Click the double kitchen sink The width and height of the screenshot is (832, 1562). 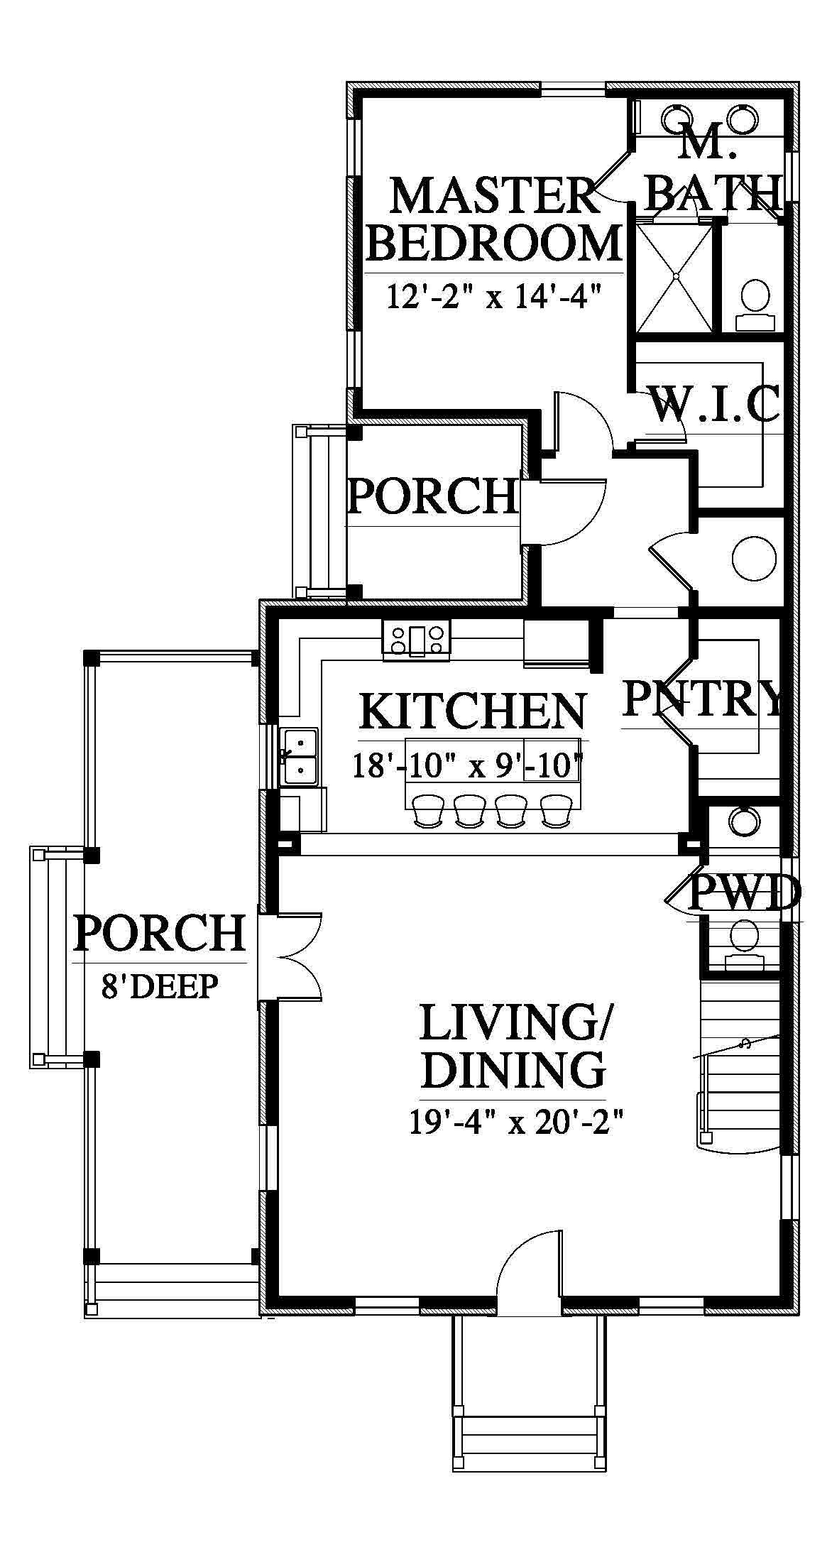point(299,756)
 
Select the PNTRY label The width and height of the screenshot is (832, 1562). point(702,698)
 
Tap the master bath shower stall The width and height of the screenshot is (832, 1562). point(674,278)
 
